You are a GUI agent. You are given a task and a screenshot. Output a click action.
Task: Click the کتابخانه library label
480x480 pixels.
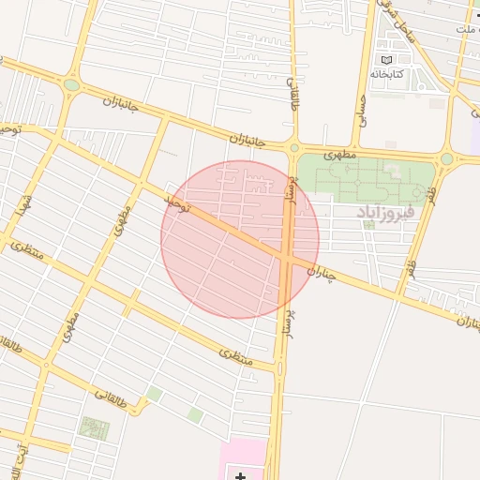(386, 73)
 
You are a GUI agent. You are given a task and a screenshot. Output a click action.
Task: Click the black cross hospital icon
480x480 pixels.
(241, 476)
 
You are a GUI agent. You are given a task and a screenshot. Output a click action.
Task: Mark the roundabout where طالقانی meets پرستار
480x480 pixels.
(293, 147)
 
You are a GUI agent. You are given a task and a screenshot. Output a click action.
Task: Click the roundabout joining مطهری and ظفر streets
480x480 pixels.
(447, 159)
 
